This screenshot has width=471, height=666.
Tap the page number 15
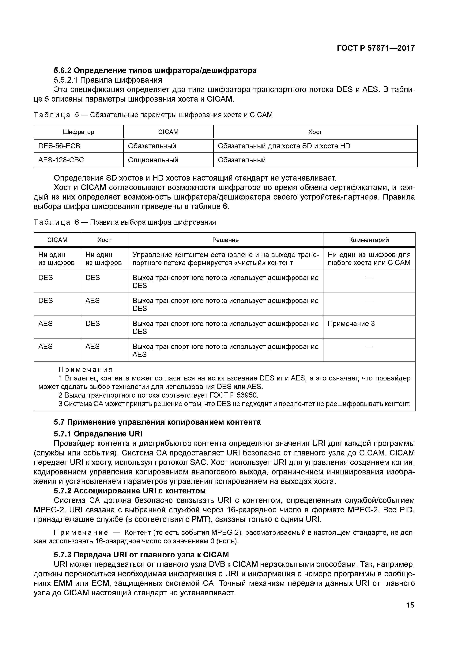(x=410, y=605)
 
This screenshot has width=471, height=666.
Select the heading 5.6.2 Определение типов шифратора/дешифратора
(x=155, y=70)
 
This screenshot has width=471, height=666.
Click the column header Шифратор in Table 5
(x=79, y=132)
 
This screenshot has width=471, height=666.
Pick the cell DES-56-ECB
(x=59, y=146)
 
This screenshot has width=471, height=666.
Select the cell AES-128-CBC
(x=61, y=160)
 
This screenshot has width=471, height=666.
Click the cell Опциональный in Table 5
(x=153, y=160)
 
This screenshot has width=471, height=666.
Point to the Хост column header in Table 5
(x=315, y=132)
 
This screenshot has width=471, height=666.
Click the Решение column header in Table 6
(x=225, y=240)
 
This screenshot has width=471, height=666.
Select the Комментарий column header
(x=369, y=240)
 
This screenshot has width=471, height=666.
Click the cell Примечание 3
(x=351, y=324)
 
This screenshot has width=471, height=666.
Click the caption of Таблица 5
(x=153, y=115)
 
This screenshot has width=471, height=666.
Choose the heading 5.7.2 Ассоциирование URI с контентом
(x=130, y=491)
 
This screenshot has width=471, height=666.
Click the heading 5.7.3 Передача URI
(x=141, y=555)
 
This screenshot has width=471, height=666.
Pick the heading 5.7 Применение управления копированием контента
(x=157, y=422)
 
